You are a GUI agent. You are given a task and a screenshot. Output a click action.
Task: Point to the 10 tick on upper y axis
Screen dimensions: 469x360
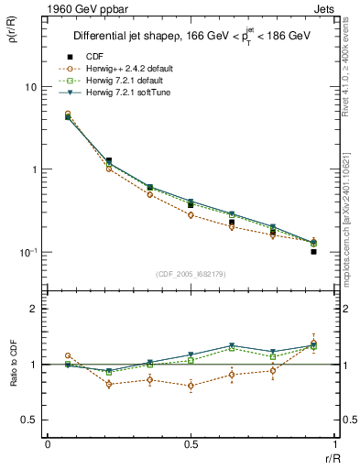click(29, 87)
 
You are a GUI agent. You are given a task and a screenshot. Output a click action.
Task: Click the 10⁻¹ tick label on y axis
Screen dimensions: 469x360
click(27, 253)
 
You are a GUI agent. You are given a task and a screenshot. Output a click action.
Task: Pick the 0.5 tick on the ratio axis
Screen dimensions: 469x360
click(29, 420)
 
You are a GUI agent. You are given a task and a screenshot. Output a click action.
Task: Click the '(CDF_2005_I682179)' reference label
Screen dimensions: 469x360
click(191, 274)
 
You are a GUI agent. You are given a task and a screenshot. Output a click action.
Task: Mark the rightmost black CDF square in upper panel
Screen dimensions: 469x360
click(313, 251)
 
